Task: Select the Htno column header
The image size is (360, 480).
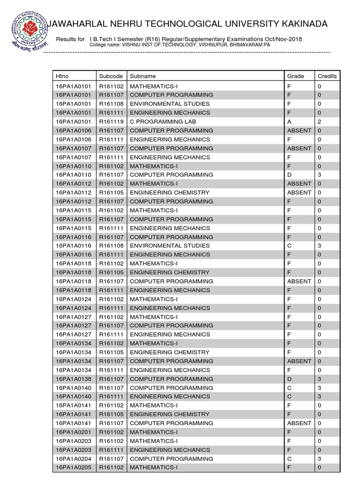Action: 62,76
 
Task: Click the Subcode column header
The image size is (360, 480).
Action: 111,76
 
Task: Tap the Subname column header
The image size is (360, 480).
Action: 142,76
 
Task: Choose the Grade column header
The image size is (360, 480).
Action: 295,76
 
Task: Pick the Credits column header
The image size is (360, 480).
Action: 327,76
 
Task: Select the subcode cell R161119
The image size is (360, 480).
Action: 111,121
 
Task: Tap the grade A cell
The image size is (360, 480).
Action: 289,121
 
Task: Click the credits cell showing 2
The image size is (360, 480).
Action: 319,121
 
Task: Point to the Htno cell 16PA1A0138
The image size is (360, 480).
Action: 74,379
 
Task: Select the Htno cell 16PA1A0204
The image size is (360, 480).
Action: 74,458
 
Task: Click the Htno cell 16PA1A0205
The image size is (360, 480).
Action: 74,467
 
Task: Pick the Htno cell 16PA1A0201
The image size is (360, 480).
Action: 74,432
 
